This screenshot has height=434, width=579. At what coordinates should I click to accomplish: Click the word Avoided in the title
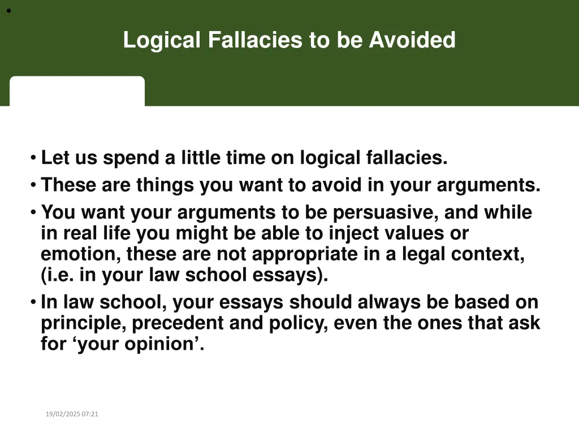click(x=412, y=40)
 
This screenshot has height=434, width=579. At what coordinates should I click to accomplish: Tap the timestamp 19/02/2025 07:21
click(x=72, y=414)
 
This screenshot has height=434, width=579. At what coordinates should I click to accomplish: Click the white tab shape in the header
click(x=77, y=91)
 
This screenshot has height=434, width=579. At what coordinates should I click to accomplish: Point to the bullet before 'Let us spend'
click(x=34, y=158)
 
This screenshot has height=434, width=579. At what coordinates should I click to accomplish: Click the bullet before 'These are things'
click(x=34, y=185)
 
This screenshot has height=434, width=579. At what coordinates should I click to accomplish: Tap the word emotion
click(x=77, y=254)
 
